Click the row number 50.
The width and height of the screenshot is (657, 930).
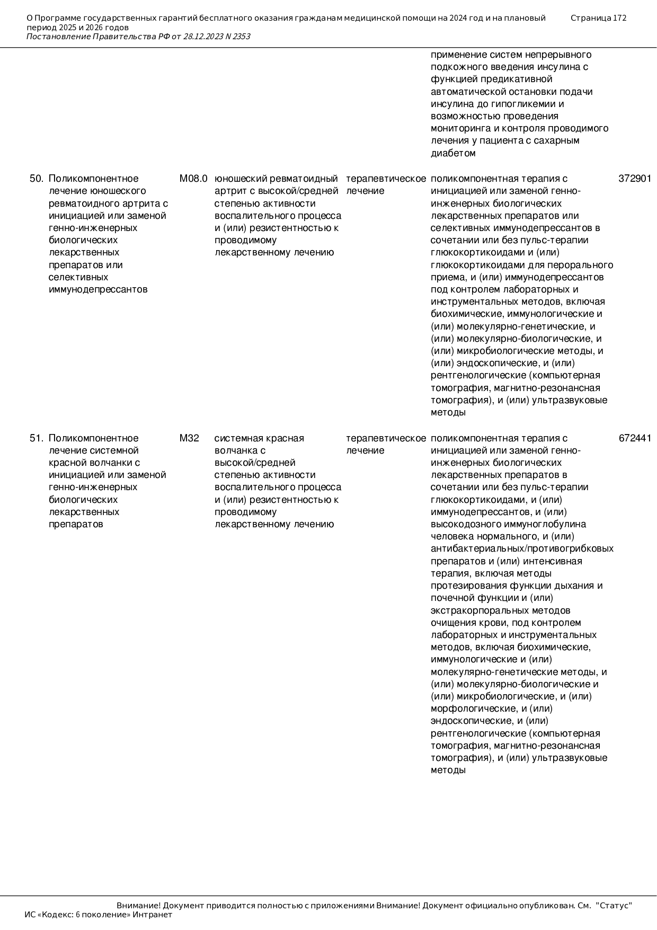(36, 179)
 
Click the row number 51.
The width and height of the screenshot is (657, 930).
(36, 438)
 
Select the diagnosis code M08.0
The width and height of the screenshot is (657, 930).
(193, 179)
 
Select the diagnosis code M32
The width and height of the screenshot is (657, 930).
(189, 438)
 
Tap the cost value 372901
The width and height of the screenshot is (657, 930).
(635, 179)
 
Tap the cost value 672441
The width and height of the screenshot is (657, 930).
(635, 438)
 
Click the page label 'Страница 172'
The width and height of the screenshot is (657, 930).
(598, 18)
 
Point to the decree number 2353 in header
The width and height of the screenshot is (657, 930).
(241, 37)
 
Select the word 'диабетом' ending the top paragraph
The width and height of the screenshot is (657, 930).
(453, 154)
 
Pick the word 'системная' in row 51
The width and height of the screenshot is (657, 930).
(236, 438)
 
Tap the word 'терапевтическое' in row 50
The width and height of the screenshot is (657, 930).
(386, 179)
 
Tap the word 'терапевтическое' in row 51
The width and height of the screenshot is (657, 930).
(386, 438)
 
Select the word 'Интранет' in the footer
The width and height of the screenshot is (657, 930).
(153, 915)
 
